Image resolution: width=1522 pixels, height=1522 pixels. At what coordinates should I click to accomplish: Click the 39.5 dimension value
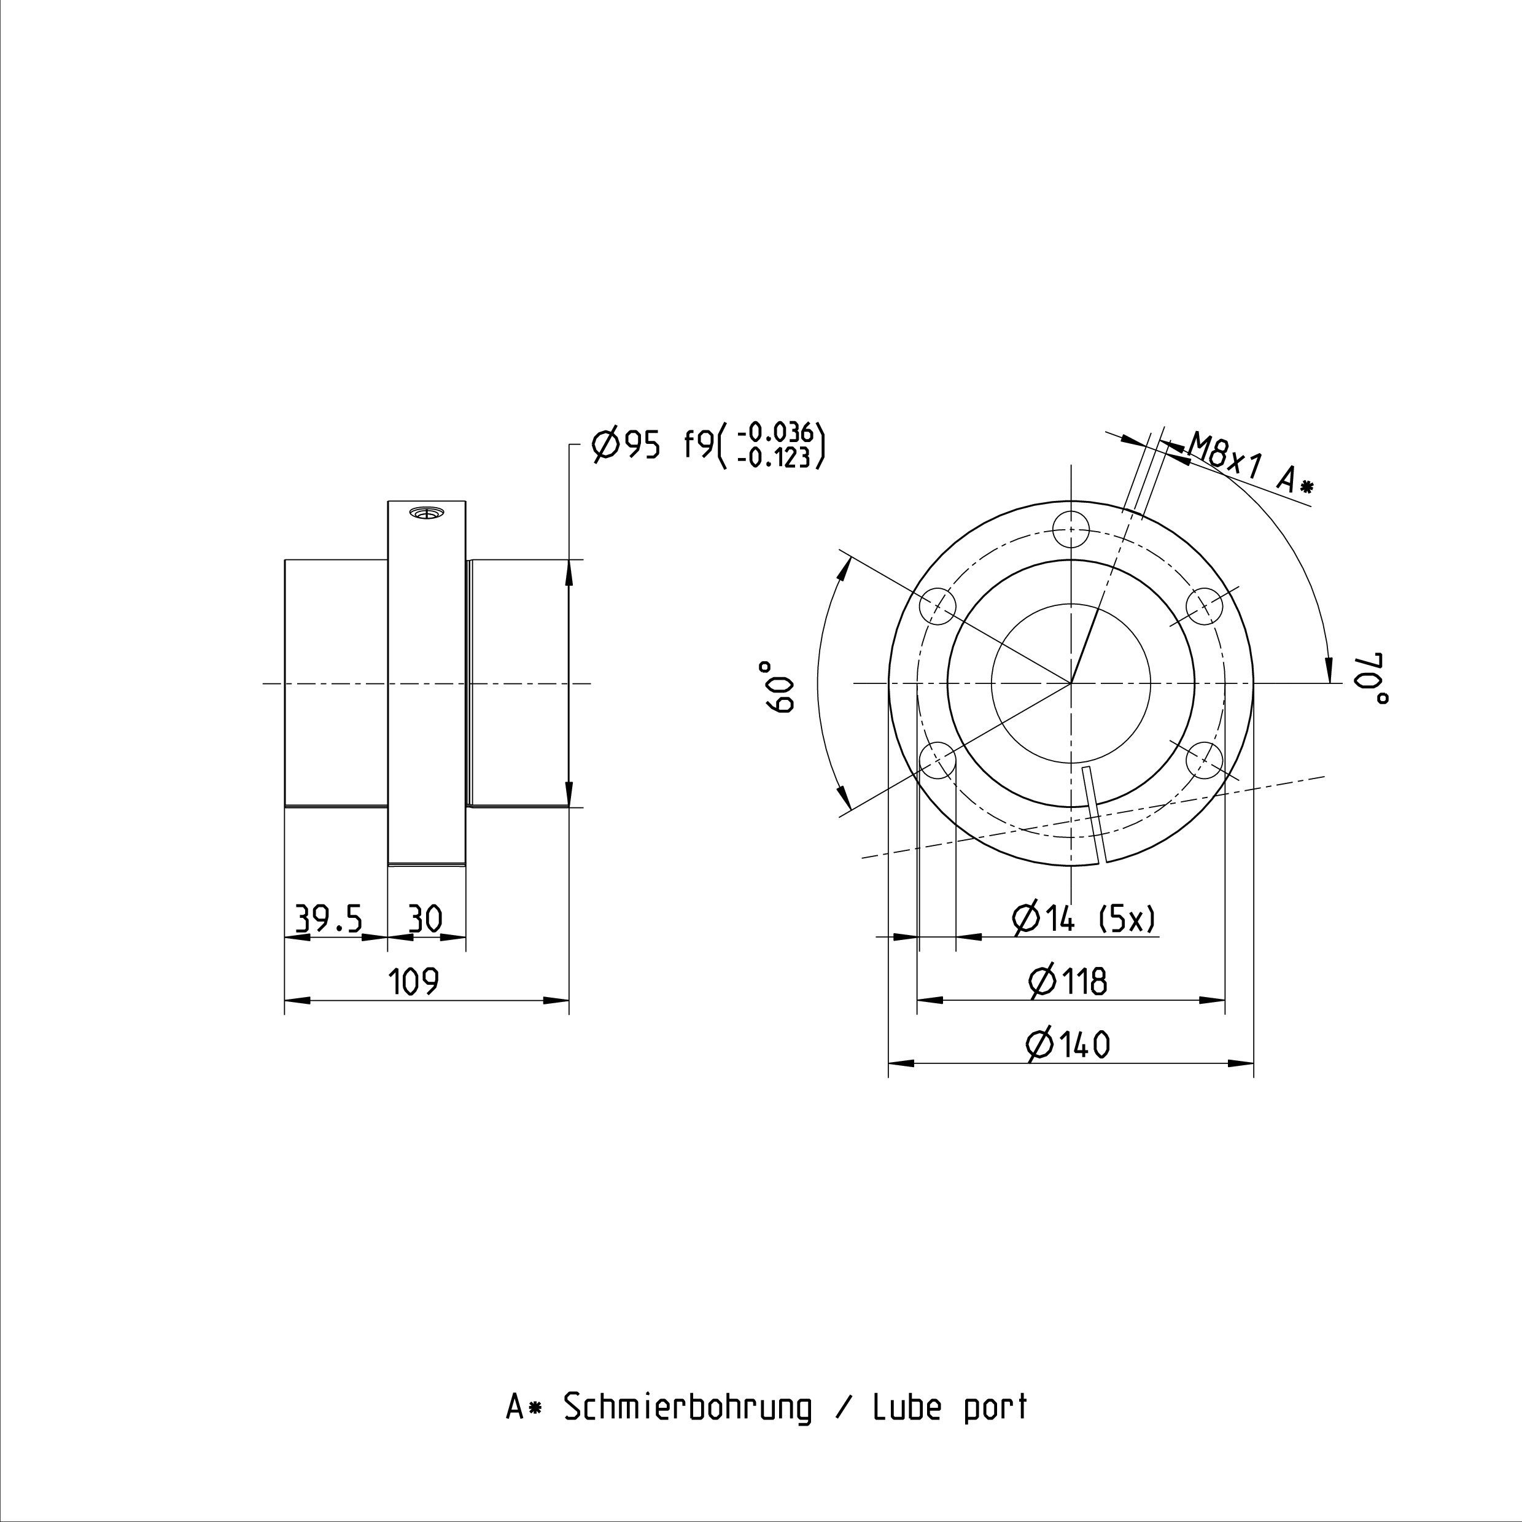(328, 918)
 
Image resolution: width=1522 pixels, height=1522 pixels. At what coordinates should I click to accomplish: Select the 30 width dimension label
(425, 918)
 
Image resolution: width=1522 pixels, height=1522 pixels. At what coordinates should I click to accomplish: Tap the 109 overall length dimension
(414, 982)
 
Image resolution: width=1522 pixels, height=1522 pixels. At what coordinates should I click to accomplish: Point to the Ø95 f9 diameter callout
(653, 446)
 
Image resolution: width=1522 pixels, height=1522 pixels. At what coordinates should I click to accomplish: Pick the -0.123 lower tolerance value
(774, 457)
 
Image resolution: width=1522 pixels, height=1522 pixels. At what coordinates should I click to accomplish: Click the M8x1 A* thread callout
(1251, 464)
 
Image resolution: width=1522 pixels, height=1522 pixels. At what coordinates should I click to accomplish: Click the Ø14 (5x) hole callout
(1085, 918)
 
